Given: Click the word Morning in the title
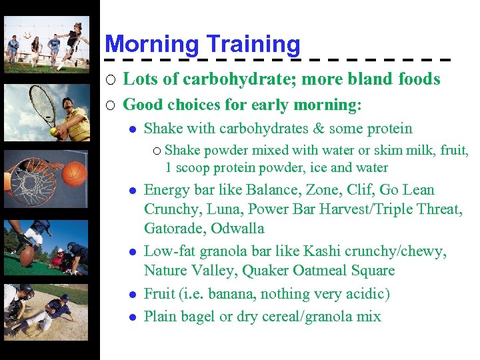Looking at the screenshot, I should pyautogui.click(x=151, y=45).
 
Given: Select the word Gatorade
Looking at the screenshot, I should pyautogui.click(x=174, y=229).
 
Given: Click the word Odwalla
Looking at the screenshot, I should pyautogui.click(x=238, y=229).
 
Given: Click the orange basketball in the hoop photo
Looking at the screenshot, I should pyautogui.click(x=75, y=174).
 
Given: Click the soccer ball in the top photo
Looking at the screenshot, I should pyautogui.click(x=27, y=34).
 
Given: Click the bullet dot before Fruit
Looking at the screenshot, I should pyautogui.click(x=133, y=294).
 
